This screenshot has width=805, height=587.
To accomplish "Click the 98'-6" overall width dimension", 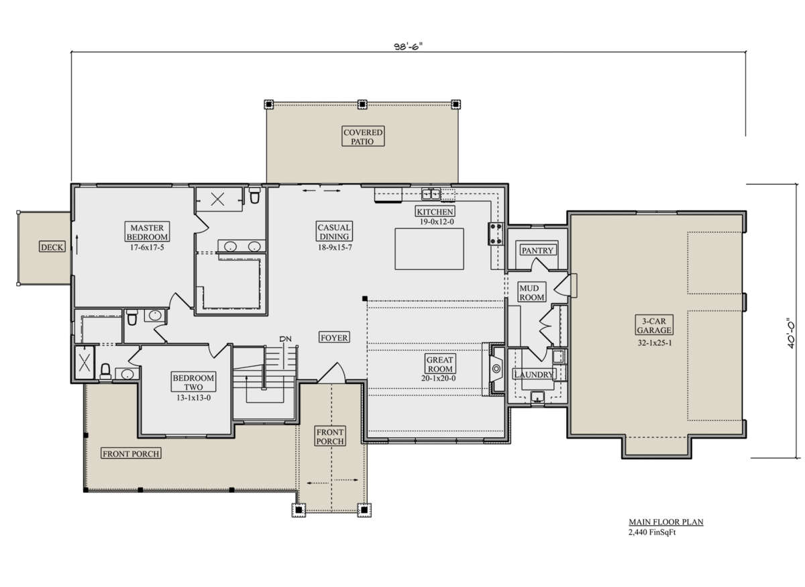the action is [408, 46].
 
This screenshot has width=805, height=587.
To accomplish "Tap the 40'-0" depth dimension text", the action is [790, 333].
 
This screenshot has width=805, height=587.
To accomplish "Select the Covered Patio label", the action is [363, 136].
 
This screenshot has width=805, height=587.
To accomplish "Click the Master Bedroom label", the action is [147, 232].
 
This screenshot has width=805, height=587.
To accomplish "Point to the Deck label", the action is [52, 247].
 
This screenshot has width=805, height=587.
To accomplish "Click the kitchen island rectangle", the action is [429, 249].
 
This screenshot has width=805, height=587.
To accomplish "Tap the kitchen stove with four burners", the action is [496, 234].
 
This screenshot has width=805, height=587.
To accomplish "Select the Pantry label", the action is [537, 250].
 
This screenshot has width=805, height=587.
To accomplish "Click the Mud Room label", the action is [531, 293].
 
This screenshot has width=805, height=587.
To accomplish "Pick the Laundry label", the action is [534, 374].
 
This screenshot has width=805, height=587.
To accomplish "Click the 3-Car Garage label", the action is [654, 325].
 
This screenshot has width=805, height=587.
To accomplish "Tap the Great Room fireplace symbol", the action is [496, 369].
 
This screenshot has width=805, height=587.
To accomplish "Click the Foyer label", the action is [334, 338].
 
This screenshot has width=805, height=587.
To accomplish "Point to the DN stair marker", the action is [285, 338].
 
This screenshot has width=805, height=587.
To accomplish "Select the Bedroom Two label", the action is [193, 382].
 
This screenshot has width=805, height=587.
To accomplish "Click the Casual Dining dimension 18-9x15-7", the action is [335, 247].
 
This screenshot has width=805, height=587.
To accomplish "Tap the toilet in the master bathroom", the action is [254, 195].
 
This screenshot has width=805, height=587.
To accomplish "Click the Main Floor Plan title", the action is [666, 522].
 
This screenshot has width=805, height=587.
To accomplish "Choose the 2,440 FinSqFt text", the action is [652, 532].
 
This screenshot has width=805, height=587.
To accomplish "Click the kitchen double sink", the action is [431, 194].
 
